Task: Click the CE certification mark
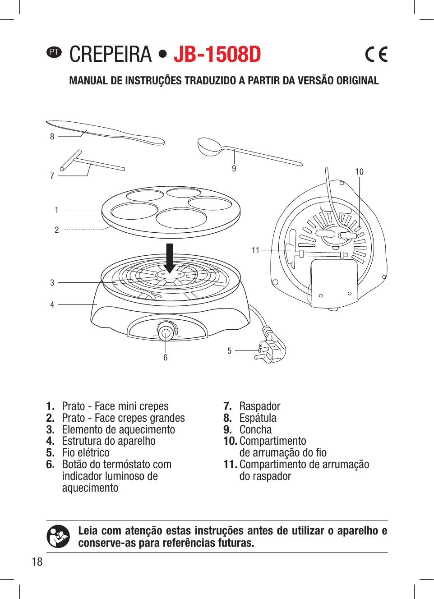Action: [x=376, y=55]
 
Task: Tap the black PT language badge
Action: [x=54, y=52]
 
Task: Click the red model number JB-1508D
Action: [x=217, y=55]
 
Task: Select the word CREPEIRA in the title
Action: [x=111, y=55]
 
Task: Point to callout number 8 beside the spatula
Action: [x=52, y=136]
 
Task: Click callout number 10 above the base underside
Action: [x=359, y=171]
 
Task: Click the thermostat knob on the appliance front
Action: [x=166, y=333]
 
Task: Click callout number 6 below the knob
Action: [x=166, y=358]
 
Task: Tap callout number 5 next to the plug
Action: [x=229, y=350]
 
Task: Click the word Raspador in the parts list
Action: [x=260, y=406]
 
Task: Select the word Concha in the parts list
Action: [x=255, y=429]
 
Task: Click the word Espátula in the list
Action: [x=258, y=418]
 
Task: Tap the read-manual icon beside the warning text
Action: [x=58, y=536]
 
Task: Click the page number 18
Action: [x=37, y=562]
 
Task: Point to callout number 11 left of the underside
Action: [x=255, y=250]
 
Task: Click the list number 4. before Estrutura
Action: [x=50, y=441]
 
